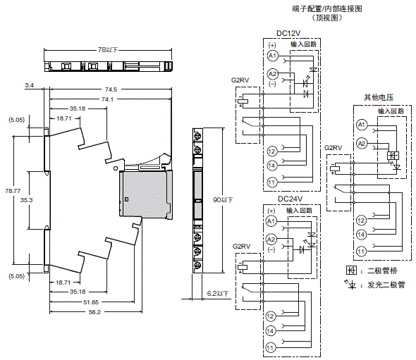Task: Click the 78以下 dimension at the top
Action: (107, 50)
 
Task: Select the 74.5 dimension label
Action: (110, 89)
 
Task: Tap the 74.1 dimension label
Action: (107, 99)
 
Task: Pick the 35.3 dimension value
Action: (26, 200)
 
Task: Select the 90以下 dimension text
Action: (223, 200)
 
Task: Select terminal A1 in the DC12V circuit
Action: (272, 54)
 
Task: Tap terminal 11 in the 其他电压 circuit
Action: (360, 251)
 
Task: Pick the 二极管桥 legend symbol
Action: (350, 271)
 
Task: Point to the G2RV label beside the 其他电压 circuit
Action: (334, 148)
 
